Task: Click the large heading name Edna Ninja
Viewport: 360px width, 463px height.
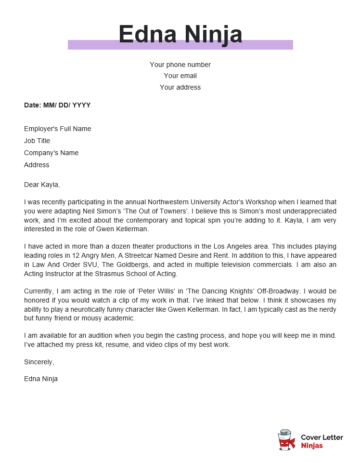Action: [x=180, y=37]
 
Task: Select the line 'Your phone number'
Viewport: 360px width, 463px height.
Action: [x=180, y=64]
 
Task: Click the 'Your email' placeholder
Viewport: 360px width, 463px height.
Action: [x=180, y=75]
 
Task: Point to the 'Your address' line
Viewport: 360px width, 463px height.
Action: [x=180, y=87]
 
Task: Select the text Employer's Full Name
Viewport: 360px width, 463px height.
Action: [x=58, y=129]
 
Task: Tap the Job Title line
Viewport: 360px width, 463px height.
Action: [x=38, y=141]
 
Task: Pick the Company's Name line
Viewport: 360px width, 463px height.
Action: [x=52, y=153]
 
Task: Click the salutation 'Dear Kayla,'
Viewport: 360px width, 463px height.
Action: [x=46, y=184]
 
